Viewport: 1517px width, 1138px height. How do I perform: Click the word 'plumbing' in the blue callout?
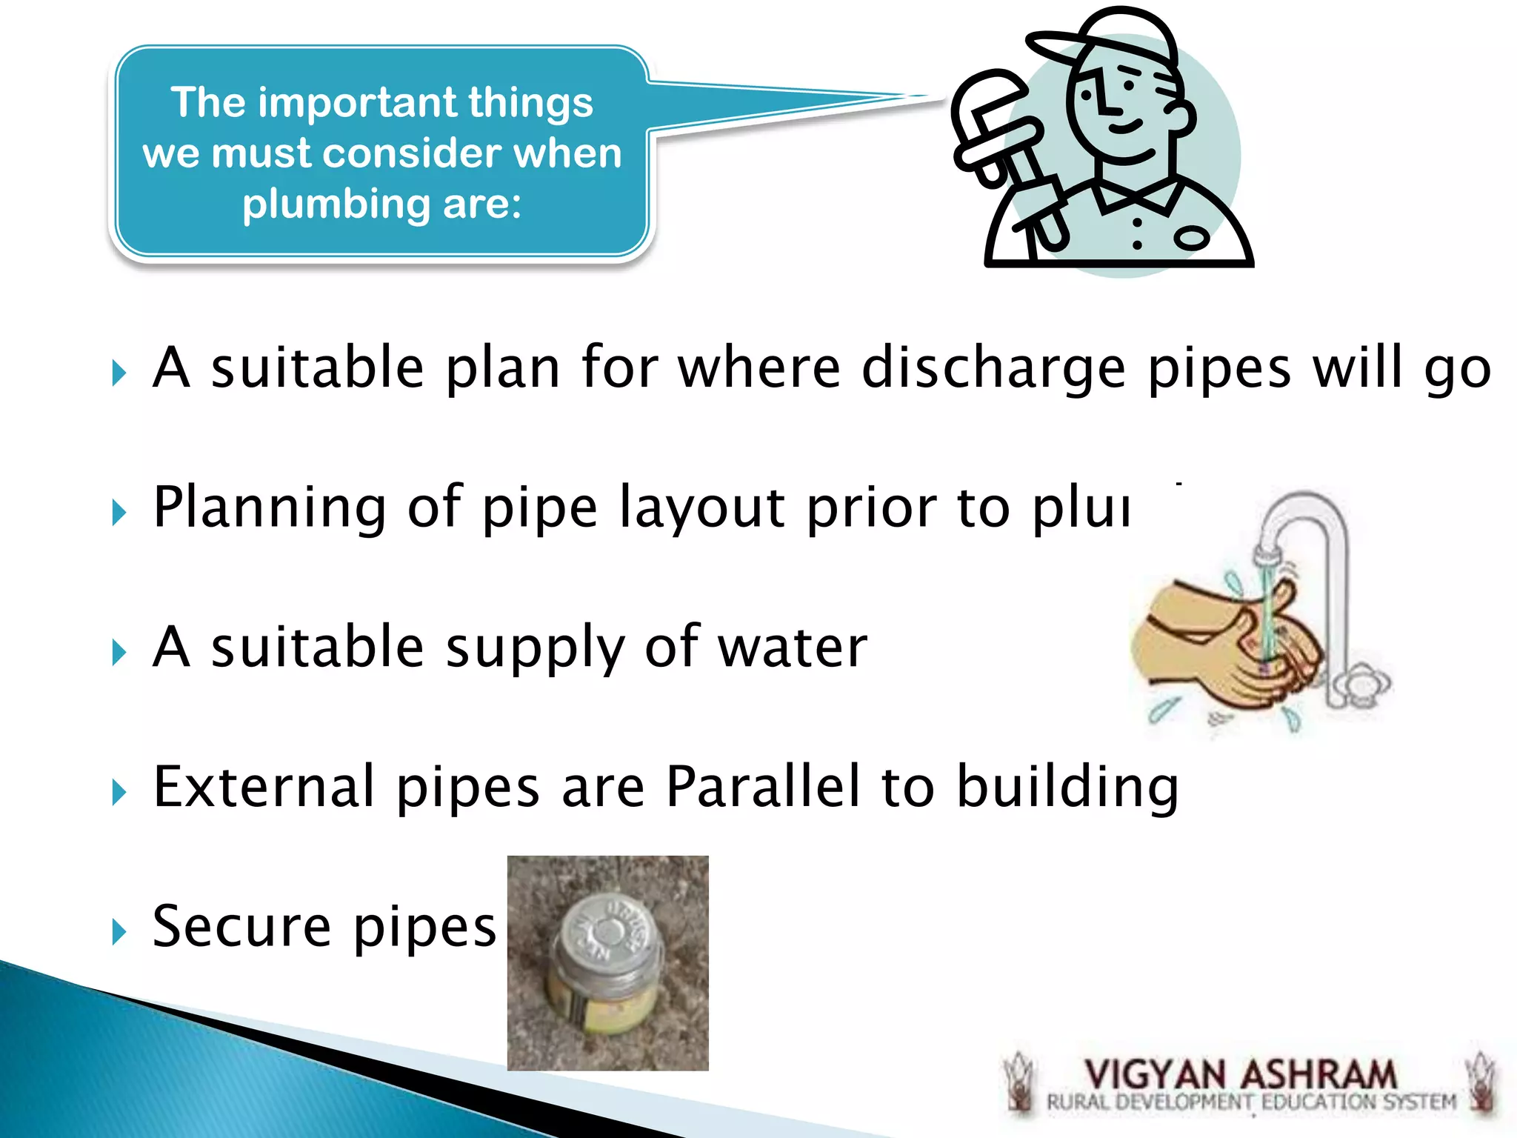coord(336,204)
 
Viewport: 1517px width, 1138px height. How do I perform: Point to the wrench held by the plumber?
coord(1000,148)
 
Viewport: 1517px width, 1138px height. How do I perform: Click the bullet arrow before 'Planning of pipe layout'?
coord(119,511)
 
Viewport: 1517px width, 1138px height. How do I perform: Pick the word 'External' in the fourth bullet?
coord(263,786)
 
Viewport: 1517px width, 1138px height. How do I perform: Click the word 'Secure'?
coord(241,926)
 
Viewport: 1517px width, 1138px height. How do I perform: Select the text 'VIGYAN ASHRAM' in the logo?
coord(1240,1074)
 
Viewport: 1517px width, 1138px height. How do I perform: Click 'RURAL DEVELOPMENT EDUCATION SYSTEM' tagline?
coord(1250,1102)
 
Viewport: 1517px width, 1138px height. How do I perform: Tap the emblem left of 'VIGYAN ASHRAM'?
coord(1020,1082)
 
